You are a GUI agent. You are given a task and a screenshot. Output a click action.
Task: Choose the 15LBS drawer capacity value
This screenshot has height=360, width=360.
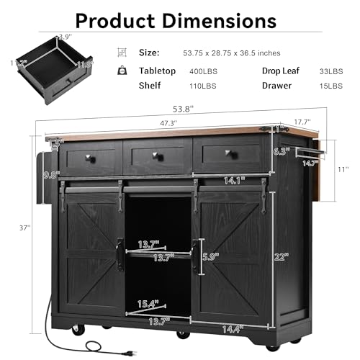pyautogui.click(x=329, y=86)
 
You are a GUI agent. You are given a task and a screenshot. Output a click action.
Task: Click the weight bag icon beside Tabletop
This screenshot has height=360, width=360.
pyautogui.click(x=123, y=71)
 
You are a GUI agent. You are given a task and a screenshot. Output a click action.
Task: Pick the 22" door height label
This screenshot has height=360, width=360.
pyautogui.click(x=281, y=255)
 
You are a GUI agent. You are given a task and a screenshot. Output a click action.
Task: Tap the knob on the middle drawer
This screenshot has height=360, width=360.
pyautogui.click(x=157, y=154)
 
